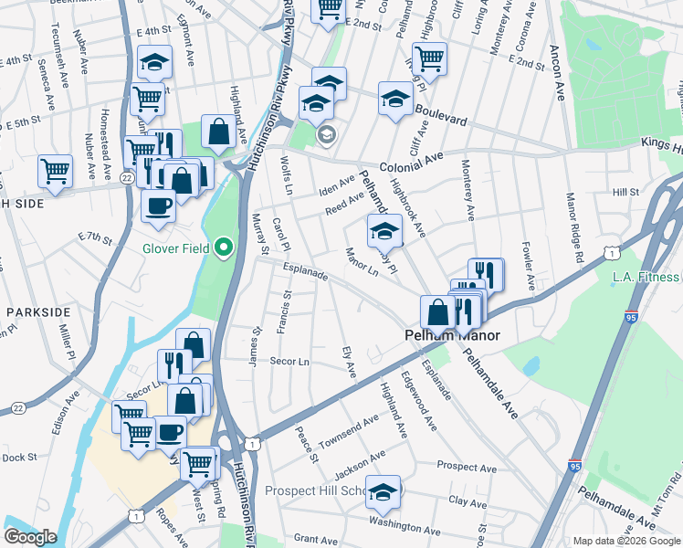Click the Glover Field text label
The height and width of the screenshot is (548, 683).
(177, 248)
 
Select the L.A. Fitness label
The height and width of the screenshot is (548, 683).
(646, 277)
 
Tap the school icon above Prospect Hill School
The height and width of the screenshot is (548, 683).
(384, 490)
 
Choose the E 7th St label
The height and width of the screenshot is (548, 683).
(94, 239)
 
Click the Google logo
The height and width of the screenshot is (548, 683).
(30, 537)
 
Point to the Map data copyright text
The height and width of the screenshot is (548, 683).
(626, 541)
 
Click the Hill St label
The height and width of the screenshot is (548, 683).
(625, 193)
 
